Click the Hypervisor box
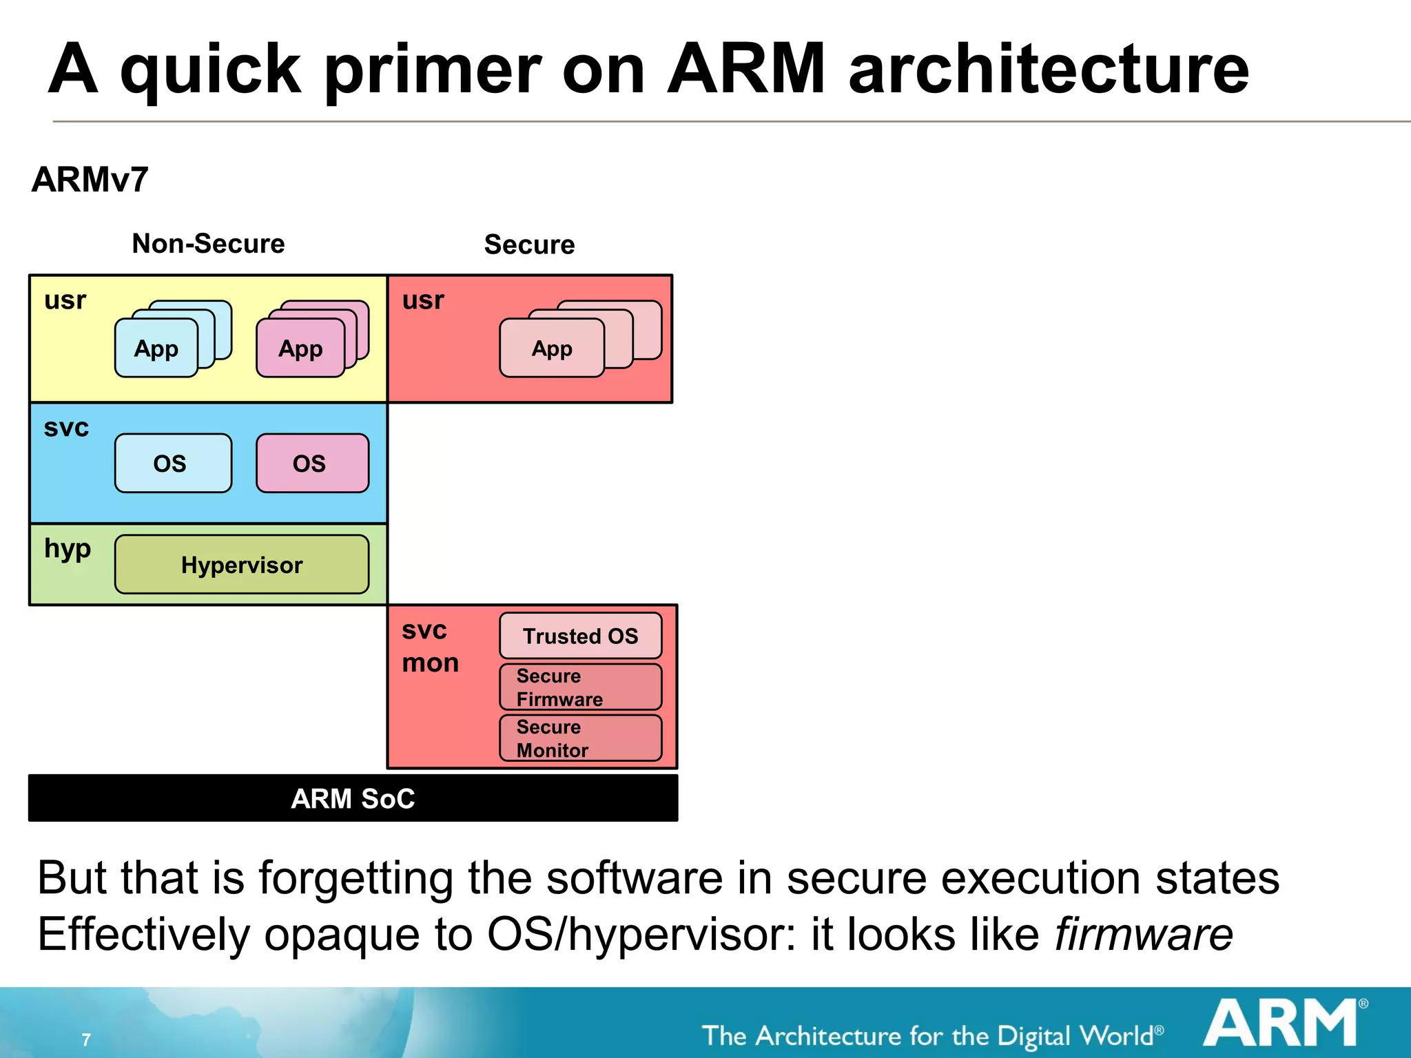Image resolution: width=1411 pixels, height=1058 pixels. point(242,565)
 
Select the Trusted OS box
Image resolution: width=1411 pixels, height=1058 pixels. point(580,636)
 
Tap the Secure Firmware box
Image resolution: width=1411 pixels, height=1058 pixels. point(580,687)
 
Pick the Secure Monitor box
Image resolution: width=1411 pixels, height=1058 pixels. point(580,738)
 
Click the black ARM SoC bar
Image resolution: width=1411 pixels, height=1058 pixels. point(353,798)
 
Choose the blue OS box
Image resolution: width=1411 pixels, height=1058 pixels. point(173,463)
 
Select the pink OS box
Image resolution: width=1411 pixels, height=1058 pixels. point(312,463)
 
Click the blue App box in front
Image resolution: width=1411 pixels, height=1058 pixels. point(156,349)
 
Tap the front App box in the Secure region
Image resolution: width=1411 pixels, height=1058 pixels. point(551,349)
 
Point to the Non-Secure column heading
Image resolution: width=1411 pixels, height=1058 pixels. point(208,244)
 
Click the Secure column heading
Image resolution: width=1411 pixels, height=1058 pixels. point(529,245)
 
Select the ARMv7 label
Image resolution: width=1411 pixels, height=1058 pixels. point(90,180)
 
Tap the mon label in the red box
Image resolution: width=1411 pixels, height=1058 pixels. point(430,663)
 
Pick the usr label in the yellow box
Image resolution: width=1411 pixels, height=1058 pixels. point(65,300)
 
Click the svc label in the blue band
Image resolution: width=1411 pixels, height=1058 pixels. point(66,428)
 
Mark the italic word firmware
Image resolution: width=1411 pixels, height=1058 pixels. point(1144,935)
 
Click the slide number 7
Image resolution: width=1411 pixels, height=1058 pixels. point(86,1039)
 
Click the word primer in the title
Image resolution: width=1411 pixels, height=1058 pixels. point(433,69)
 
